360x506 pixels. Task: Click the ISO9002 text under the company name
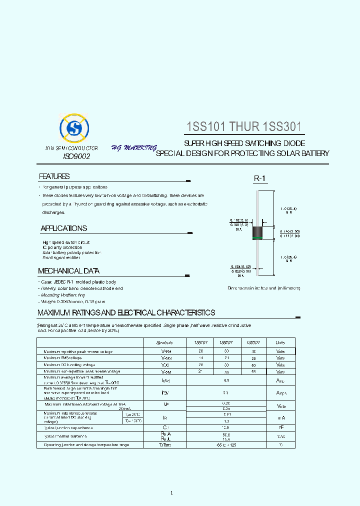[x=76, y=157]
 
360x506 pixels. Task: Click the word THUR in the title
[x=244, y=127]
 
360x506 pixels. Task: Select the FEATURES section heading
[x=54, y=176]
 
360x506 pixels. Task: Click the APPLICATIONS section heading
[x=63, y=228]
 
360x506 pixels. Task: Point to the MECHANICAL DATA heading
[x=68, y=271]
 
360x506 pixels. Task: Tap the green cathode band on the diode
[x=257, y=238]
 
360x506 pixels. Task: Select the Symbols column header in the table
[x=164, y=342]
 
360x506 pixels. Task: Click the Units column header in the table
[x=280, y=342]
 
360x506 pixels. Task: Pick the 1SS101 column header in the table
[x=194, y=342]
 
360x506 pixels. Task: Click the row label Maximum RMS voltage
[x=62, y=358]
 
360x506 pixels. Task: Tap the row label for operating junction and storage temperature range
[x=86, y=444]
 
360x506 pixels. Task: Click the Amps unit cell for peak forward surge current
[x=281, y=393]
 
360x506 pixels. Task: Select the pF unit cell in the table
[x=281, y=428]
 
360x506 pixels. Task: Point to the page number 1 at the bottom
[x=171, y=493]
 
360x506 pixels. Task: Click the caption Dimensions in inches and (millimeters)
[x=264, y=288]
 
